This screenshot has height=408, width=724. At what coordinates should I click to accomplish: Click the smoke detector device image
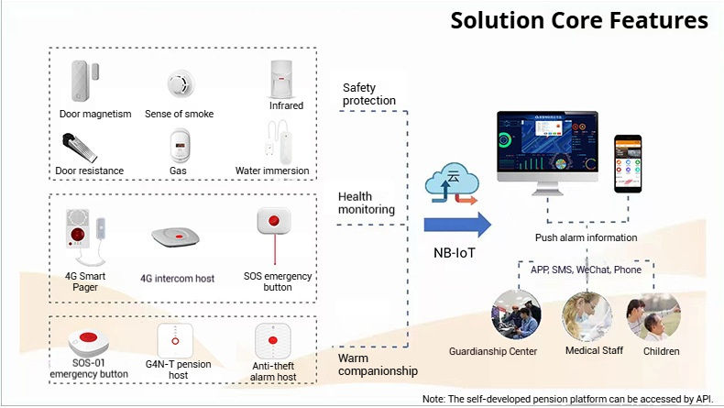point(181,85)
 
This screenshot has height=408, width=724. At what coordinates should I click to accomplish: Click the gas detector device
point(180,145)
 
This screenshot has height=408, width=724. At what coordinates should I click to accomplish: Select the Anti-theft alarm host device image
point(271,342)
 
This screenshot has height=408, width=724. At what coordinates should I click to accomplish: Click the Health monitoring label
point(367,203)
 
